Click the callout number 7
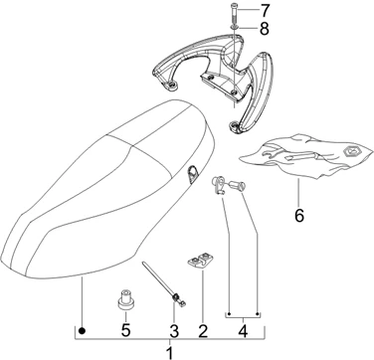coord(265,11)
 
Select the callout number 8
coord(265,29)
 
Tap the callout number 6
coord(299,216)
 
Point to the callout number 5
coord(125,330)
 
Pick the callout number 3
coord(174,330)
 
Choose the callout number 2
coord(203,330)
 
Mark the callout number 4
coord(243,331)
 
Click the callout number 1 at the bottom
coord(169,353)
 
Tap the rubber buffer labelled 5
coord(124,300)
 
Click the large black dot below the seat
coord(82,330)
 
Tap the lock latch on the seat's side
coord(192,174)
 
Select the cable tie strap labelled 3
coord(164,284)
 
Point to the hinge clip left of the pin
coord(219,185)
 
